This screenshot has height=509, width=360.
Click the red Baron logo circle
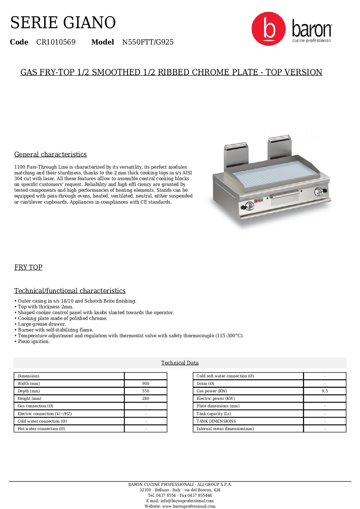[x=268, y=29]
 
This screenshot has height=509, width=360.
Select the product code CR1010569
[x=56, y=42]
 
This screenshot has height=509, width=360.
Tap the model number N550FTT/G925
[x=148, y=42]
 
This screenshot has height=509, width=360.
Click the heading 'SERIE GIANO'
[x=63, y=22]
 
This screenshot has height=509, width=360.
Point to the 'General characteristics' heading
[x=50, y=154]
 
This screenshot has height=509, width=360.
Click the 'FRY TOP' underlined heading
[x=28, y=267]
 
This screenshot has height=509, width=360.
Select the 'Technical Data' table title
[x=180, y=363]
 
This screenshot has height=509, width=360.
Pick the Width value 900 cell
[x=146, y=384]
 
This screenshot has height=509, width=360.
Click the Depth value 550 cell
[x=146, y=391]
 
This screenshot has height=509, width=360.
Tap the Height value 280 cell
[x=146, y=398]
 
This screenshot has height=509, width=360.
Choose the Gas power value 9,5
[x=325, y=391]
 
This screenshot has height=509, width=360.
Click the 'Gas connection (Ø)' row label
[x=35, y=406]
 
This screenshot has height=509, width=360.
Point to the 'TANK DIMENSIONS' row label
[x=216, y=421]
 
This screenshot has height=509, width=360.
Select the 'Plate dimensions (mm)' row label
[x=218, y=406]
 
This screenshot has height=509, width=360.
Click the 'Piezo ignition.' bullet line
[x=34, y=341]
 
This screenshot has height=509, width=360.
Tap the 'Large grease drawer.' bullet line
[x=42, y=324]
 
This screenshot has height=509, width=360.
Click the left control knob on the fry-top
[x=249, y=206]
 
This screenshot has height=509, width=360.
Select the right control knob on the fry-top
[x=319, y=191]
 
